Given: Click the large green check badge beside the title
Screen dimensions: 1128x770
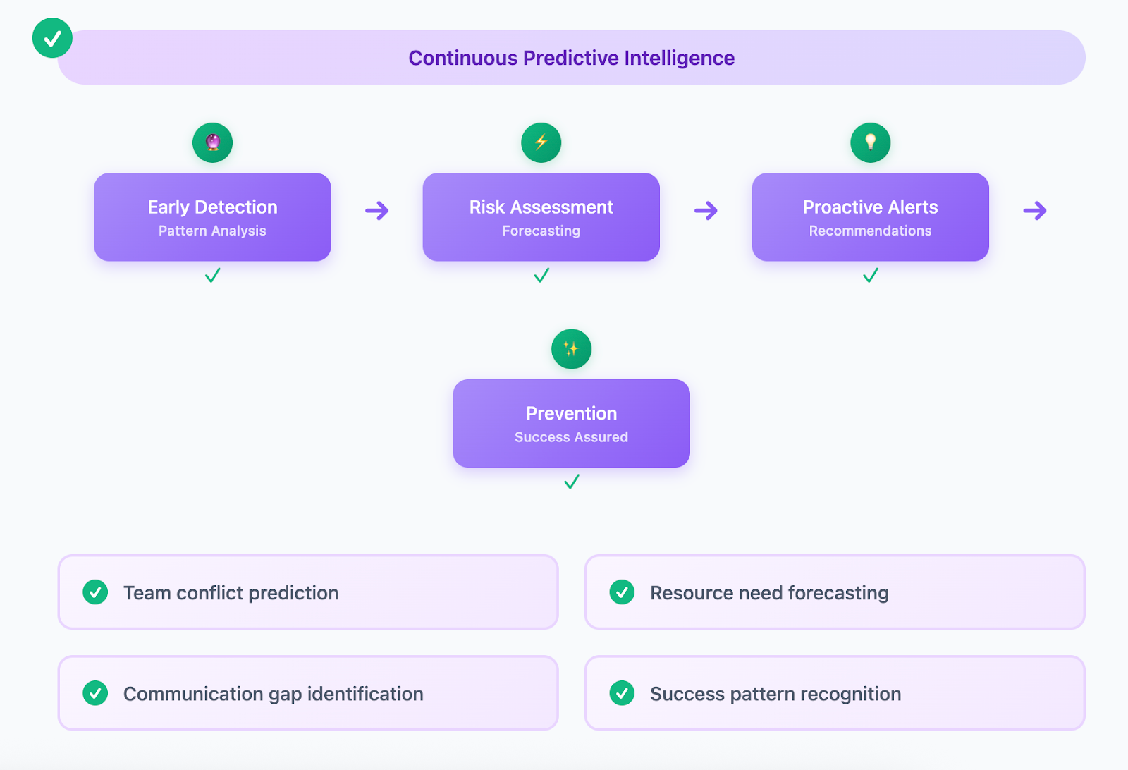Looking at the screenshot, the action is point(52,38).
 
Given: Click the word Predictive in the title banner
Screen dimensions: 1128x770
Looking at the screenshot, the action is point(570,58).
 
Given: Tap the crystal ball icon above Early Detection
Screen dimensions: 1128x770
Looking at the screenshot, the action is point(212,142).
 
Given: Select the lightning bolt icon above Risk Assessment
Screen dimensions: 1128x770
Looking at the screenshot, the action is point(541,142).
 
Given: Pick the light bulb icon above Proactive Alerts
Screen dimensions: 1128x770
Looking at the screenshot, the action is point(870,142).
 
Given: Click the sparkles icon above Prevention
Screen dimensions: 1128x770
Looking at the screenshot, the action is point(572,349).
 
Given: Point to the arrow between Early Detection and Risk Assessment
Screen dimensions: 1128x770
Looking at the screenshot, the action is point(377,211).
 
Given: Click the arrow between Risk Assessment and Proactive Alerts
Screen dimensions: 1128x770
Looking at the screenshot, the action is point(706,211).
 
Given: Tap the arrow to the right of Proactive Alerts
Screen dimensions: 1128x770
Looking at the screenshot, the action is point(1035,211).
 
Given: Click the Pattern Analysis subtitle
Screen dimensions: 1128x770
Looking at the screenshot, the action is point(212,231).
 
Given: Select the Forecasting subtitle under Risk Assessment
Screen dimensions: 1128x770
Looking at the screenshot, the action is point(541,231).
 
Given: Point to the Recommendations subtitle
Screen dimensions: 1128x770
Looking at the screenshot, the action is point(870,231).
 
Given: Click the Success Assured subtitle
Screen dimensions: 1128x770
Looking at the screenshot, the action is point(572,437).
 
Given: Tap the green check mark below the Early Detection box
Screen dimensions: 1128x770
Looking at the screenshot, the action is point(212,275).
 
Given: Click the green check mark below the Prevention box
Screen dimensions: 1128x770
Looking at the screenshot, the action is point(572,482).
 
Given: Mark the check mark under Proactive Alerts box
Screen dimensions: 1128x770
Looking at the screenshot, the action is point(870,275).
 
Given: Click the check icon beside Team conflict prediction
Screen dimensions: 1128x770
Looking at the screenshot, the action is point(95,592).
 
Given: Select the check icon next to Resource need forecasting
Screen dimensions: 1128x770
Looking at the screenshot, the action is point(622,592).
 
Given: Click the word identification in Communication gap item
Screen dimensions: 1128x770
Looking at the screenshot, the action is point(365,694).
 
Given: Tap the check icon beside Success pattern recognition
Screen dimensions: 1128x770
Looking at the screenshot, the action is point(622,693).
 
